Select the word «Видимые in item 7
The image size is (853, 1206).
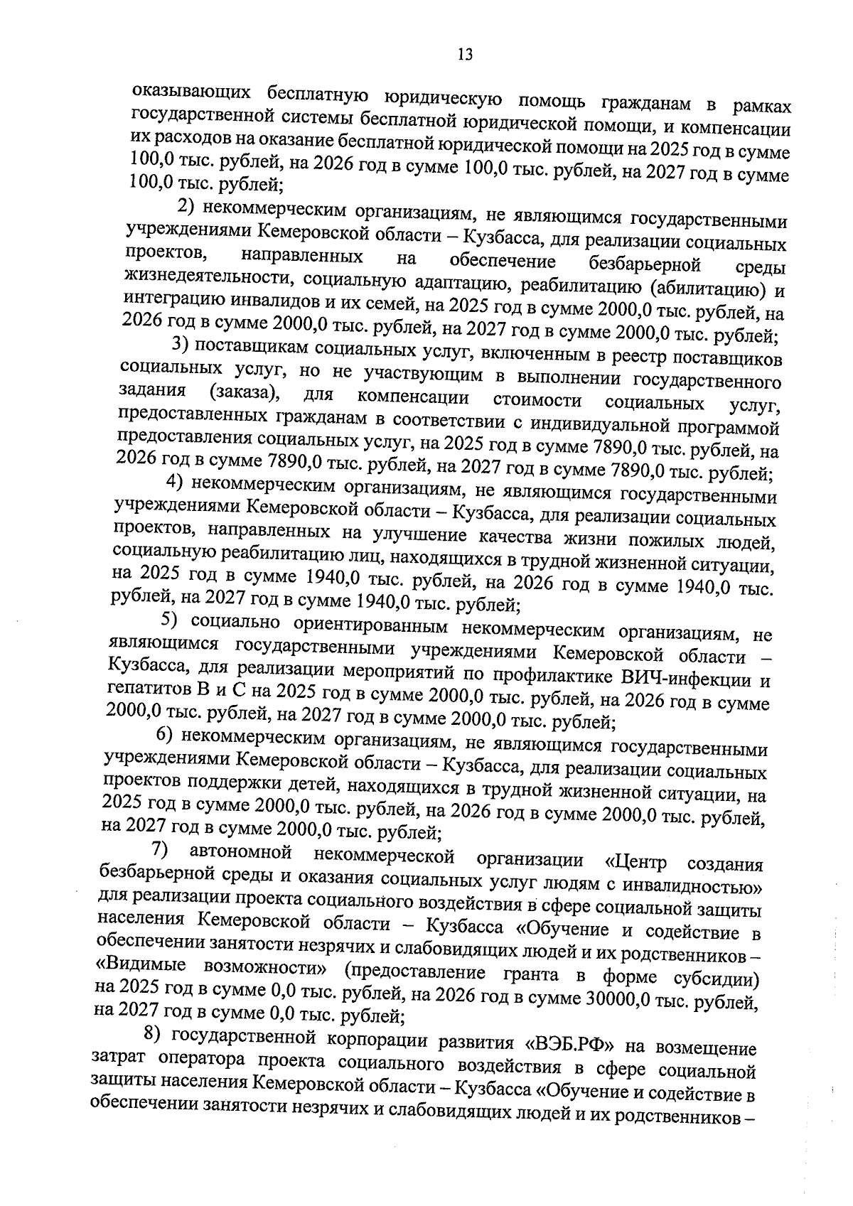(x=140, y=966)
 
